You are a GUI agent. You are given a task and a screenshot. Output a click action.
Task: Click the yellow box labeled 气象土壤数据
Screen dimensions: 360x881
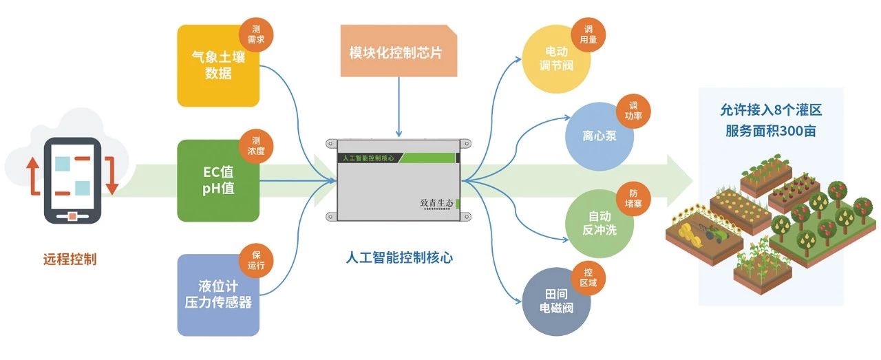[x=217, y=66]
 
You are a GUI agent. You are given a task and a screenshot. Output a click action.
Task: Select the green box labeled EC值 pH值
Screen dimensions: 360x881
[x=217, y=181]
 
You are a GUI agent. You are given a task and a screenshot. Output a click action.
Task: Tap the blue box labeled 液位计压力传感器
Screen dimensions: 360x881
[x=217, y=295]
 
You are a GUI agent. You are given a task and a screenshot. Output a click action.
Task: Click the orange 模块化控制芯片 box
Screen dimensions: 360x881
[x=395, y=52]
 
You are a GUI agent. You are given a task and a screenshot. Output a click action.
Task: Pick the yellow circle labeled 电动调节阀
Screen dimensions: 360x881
[x=556, y=59]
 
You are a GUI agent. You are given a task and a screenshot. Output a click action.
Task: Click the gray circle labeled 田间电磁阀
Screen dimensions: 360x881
[x=556, y=300]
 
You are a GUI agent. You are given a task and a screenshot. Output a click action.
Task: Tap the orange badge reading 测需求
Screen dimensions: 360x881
[x=256, y=32]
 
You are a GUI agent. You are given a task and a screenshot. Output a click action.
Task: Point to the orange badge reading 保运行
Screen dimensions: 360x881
[x=256, y=260]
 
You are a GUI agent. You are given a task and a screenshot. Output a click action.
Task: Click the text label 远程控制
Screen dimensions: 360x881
[x=70, y=260]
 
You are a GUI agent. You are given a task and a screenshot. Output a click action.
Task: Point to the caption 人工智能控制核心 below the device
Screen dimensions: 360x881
[x=399, y=258]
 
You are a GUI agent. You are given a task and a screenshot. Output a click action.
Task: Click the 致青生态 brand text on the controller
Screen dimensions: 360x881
[x=436, y=203]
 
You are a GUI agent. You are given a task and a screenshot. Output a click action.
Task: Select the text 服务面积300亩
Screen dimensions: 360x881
[x=771, y=131]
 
